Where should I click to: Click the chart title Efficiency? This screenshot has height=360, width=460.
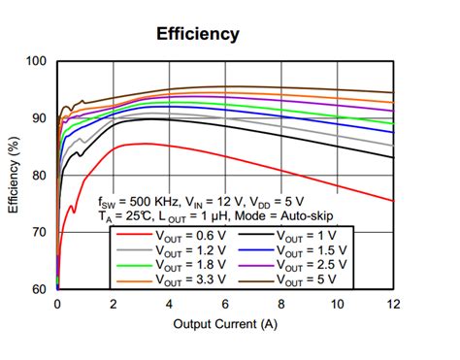[x=198, y=34]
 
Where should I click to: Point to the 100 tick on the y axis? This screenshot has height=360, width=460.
[x=37, y=61]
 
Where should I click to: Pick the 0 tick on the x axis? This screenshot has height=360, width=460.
[x=57, y=303]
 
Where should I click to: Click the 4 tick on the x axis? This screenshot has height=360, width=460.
[x=169, y=303]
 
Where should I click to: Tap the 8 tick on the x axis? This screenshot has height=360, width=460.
[x=281, y=303]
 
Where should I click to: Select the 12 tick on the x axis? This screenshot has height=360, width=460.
[x=392, y=303]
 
